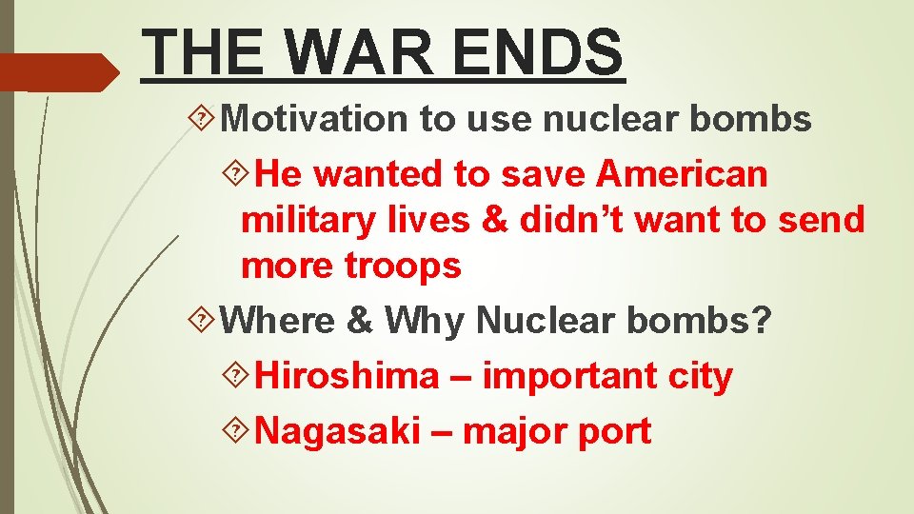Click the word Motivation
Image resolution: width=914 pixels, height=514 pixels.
point(315,119)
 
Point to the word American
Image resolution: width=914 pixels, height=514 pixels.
point(682,174)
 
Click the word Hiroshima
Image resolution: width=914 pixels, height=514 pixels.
point(348,376)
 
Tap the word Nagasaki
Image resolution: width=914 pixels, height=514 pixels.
point(339,431)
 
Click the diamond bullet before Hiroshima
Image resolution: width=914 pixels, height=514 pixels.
point(242,377)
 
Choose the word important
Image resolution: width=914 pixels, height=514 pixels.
point(566,376)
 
